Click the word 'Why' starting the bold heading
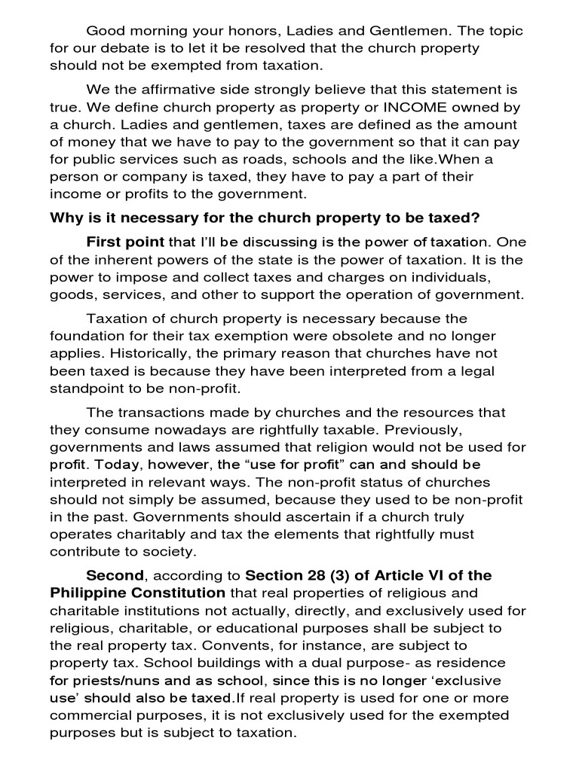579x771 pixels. [x=65, y=218]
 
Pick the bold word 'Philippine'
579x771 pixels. [x=89, y=593]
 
